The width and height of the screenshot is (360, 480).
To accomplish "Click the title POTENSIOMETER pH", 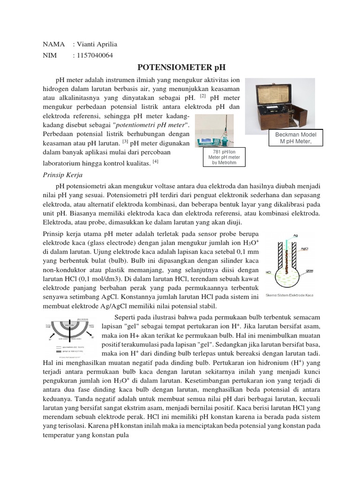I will [180, 68].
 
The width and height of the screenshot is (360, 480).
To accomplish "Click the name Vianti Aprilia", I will [95, 44].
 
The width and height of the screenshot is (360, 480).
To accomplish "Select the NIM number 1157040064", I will [93, 55].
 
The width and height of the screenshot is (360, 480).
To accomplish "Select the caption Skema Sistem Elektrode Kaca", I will [289, 295].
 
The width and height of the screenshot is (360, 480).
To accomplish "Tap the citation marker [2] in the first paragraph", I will [202, 96].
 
